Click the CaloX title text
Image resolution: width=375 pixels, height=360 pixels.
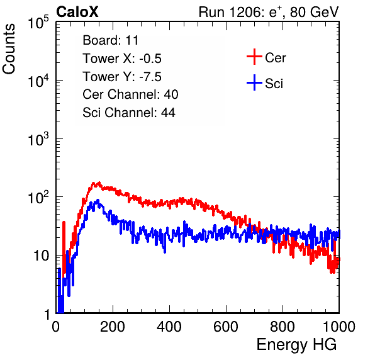click(77, 12)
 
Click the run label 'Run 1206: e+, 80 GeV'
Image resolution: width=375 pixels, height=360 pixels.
click(269, 12)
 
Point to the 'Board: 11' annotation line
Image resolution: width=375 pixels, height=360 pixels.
click(111, 40)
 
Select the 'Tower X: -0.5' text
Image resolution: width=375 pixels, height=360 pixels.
click(122, 59)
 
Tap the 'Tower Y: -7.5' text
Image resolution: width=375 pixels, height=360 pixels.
click(122, 77)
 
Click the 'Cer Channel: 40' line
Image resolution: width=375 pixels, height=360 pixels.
click(130, 94)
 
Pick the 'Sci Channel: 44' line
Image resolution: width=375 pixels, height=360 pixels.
click(129, 113)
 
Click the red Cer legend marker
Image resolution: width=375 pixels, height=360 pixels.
click(254, 57)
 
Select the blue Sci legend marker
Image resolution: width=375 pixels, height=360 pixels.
click(254, 82)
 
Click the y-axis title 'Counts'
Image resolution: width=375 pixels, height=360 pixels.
click(9, 49)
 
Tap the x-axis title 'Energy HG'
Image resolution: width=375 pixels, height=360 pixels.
click(296, 344)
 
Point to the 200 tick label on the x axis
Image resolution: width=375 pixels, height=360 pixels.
click(113, 327)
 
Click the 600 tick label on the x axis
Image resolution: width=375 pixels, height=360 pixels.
click(226, 327)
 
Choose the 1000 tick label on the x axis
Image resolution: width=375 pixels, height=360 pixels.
click(339, 327)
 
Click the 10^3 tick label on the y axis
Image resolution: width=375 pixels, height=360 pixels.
click(38, 139)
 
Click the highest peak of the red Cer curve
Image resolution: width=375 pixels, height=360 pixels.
click(99, 183)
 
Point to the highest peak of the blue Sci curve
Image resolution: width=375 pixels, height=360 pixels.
click(98, 200)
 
